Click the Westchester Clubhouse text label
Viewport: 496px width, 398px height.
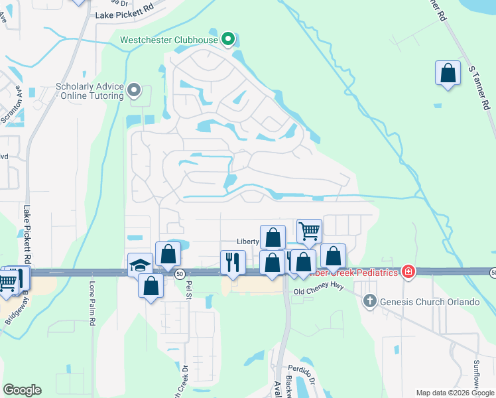(168, 40)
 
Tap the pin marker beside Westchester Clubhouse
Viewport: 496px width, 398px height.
(228, 40)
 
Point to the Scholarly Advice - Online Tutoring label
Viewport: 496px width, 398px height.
(90, 91)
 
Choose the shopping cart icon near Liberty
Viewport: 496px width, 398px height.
(309, 232)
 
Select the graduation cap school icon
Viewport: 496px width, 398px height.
(140, 265)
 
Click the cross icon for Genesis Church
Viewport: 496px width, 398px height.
(370, 302)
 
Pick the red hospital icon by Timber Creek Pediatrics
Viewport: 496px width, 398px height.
(409, 272)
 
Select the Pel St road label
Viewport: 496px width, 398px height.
(189, 291)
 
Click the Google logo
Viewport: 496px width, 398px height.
(22, 390)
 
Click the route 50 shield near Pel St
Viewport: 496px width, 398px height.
(179, 273)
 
